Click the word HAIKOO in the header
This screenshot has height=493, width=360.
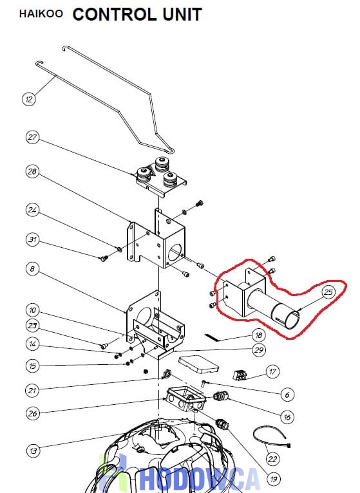[x=41, y=14]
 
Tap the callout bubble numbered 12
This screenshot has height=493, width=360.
[x=29, y=99]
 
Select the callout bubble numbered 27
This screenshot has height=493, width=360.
[x=32, y=137]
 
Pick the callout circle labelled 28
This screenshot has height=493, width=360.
[x=32, y=172]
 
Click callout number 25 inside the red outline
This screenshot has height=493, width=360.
[x=328, y=292]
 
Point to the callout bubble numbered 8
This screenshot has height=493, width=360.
[x=32, y=269]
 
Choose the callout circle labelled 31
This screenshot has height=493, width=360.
[x=32, y=239]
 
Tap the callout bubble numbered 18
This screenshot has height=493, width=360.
[x=259, y=335]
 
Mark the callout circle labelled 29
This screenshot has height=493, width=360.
[x=259, y=350]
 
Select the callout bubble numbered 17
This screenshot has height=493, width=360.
[x=272, y=371]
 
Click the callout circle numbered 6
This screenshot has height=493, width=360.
[x=287, y=395]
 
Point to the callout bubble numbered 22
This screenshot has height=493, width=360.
[x=272, y=460]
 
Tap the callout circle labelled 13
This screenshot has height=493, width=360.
[x=32, y=451]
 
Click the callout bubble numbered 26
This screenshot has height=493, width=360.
[x=32, y=413]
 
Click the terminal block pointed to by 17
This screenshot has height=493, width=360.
[x=240, y=375]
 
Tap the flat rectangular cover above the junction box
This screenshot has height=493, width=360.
[x=198, y=364]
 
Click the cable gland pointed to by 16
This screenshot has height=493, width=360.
[x=221, y=396]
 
